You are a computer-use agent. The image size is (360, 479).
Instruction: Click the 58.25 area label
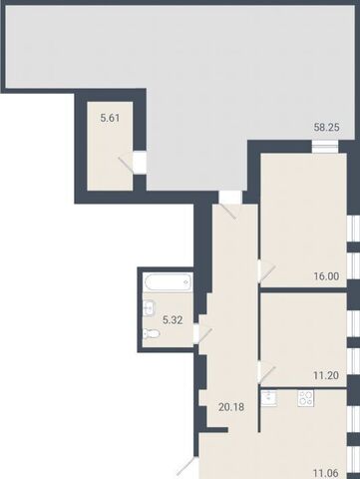(327, 127)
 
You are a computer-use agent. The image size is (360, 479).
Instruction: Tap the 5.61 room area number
(110, 118)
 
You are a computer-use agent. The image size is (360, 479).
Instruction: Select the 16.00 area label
(326, 276)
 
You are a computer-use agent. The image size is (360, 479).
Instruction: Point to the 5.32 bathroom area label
(173, 320)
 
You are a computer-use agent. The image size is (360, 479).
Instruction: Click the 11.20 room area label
(326, 375)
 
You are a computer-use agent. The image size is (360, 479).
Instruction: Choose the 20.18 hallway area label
(231, 406)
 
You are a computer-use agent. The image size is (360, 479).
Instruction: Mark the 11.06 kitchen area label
(326, 473)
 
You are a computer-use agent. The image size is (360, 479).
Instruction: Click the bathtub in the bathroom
(169, 282)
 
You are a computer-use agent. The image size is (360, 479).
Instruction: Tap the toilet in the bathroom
(151, 333)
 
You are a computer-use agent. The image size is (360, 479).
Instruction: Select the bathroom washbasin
(149, 308)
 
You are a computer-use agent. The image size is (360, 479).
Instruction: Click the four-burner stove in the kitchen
(305, 398)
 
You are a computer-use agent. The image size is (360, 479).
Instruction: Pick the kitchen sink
(269, 398)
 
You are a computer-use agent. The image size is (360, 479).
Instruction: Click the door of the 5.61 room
(127, 165)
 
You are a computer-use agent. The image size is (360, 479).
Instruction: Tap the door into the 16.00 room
(267, 273)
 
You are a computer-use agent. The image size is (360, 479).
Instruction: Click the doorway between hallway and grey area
(230, 198)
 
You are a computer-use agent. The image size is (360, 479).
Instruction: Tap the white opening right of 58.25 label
(325, 147)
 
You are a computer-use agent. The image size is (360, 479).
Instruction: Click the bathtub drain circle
(185, 282)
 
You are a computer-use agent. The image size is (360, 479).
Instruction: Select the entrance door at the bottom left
(187, 466)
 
